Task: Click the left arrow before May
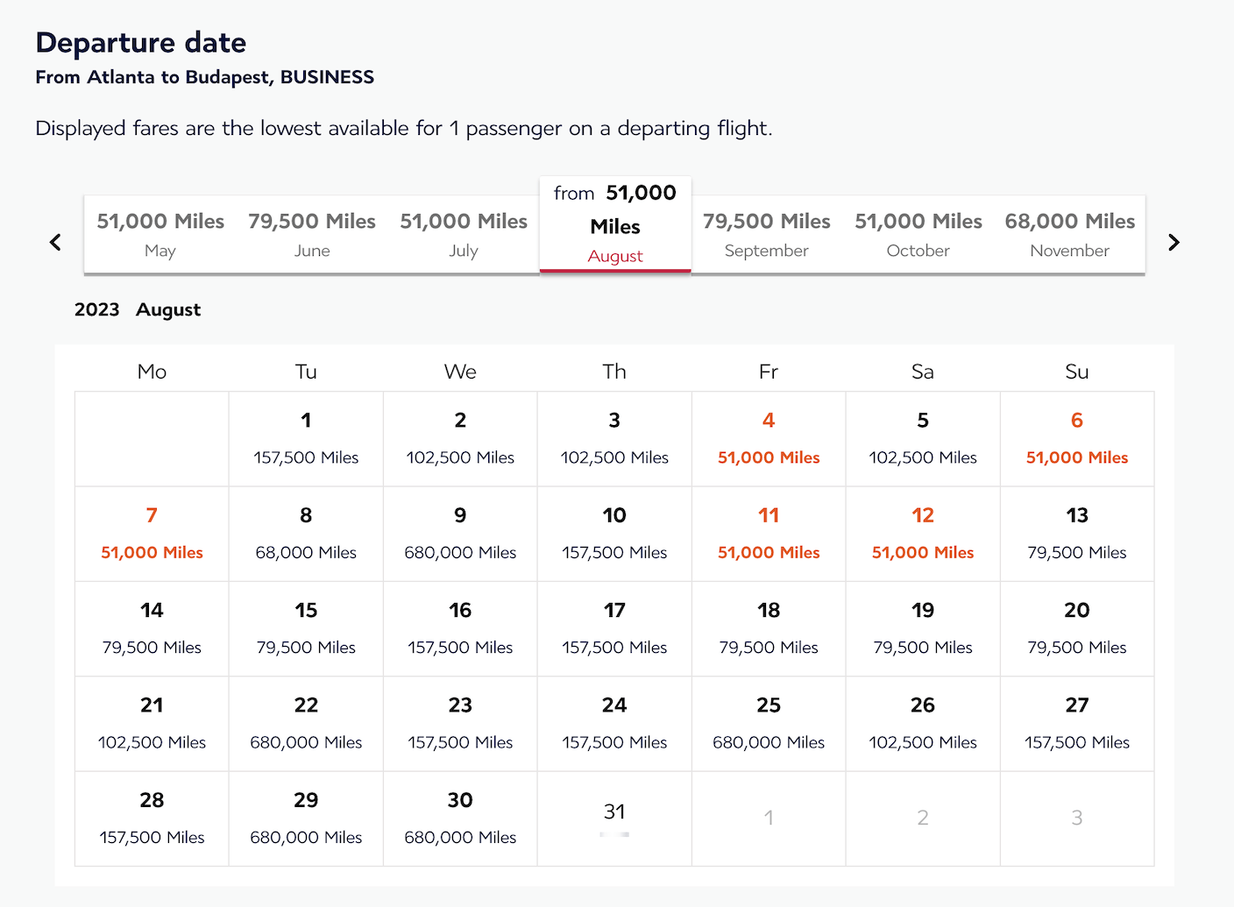click(55, 242)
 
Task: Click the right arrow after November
click(1174, 242)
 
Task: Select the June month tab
click(312, 234)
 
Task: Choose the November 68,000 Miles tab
click(1069, 234)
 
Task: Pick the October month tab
click(918, 234)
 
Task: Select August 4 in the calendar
click(769, 438)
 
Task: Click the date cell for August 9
click(460, 533)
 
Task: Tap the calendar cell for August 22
click(306, 723)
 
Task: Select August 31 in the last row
click(614, 818)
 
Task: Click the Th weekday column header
click(614, 372)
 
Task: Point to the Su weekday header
click(1076, 372)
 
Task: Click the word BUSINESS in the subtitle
click(327, 77)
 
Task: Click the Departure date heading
click(141, 43)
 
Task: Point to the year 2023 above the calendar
click(96, 309)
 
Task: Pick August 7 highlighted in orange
click(152, 533)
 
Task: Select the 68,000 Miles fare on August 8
click(306, 553)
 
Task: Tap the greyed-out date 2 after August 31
click(923, 818)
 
